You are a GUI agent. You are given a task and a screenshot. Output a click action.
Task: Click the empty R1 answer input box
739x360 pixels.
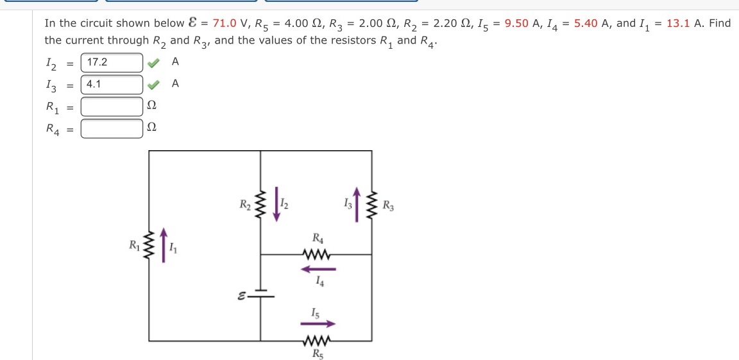point(112,106)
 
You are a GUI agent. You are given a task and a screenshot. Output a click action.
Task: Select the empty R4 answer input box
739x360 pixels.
point(112,128)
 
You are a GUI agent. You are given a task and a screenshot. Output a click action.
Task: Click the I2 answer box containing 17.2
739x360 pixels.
point(112,63)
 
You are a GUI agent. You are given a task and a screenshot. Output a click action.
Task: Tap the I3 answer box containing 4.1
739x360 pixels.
point(112,85)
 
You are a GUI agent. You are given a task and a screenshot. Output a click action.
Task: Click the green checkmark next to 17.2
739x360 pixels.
point(152,63)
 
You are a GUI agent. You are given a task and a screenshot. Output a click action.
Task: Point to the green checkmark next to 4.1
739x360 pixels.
point(152,85)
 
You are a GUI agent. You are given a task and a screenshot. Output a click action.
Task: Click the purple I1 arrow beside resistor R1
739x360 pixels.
point(164,244)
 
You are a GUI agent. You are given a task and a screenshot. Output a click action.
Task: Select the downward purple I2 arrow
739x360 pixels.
point(276,203)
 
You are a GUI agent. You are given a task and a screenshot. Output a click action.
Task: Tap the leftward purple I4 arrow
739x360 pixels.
point(319,269)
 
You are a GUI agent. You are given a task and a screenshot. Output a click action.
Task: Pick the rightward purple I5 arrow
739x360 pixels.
point(319,324)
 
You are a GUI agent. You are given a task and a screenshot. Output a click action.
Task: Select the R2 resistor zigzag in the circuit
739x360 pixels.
point(260,205)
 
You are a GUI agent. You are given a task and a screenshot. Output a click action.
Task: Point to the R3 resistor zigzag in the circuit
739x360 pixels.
point(371,205)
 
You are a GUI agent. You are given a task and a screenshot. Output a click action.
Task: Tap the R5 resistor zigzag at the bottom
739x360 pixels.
point(318,340)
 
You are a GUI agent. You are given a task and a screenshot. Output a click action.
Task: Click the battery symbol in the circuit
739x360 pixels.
point(260,296)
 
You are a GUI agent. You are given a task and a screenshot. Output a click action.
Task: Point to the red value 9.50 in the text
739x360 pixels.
point(516,24)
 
